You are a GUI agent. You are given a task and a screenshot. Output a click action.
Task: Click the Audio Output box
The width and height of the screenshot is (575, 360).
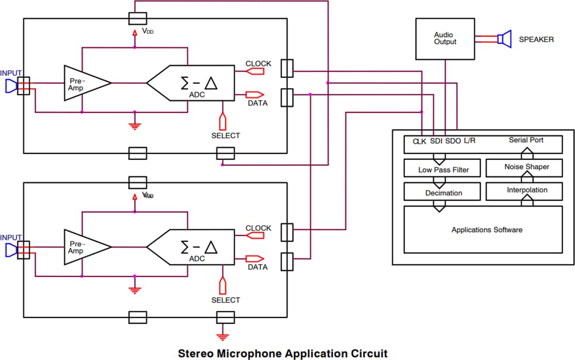(x=445, y=39)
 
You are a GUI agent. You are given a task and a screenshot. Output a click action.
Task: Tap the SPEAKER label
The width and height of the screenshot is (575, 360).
(x=536, y=39)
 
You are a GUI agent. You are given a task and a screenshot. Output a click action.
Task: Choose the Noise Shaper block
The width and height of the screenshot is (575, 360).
(x=526, y=167)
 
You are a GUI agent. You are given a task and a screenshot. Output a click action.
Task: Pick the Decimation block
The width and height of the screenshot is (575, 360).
(x=443, y=193)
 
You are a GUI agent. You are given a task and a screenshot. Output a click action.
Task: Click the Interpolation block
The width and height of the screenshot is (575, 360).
(x=527, y=190)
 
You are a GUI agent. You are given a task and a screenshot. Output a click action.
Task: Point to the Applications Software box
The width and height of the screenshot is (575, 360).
(x=486, y=230)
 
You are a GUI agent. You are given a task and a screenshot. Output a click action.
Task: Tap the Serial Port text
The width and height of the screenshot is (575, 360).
(x=526, y=140)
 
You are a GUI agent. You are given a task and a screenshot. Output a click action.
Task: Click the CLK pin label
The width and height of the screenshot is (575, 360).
(x=420, y=142)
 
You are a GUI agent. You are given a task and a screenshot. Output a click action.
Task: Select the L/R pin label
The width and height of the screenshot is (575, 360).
(x=469, y=141)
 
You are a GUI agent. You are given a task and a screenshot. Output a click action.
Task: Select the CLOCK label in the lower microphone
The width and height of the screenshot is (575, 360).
(x=258, y=228)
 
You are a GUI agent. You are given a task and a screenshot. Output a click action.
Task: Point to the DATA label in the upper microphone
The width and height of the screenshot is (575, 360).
(x=257, y=103)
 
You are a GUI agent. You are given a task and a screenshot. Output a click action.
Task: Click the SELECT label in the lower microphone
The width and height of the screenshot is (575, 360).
(x=226, y=300)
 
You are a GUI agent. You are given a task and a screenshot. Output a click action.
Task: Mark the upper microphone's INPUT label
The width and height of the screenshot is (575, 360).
(x=11, y=73)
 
